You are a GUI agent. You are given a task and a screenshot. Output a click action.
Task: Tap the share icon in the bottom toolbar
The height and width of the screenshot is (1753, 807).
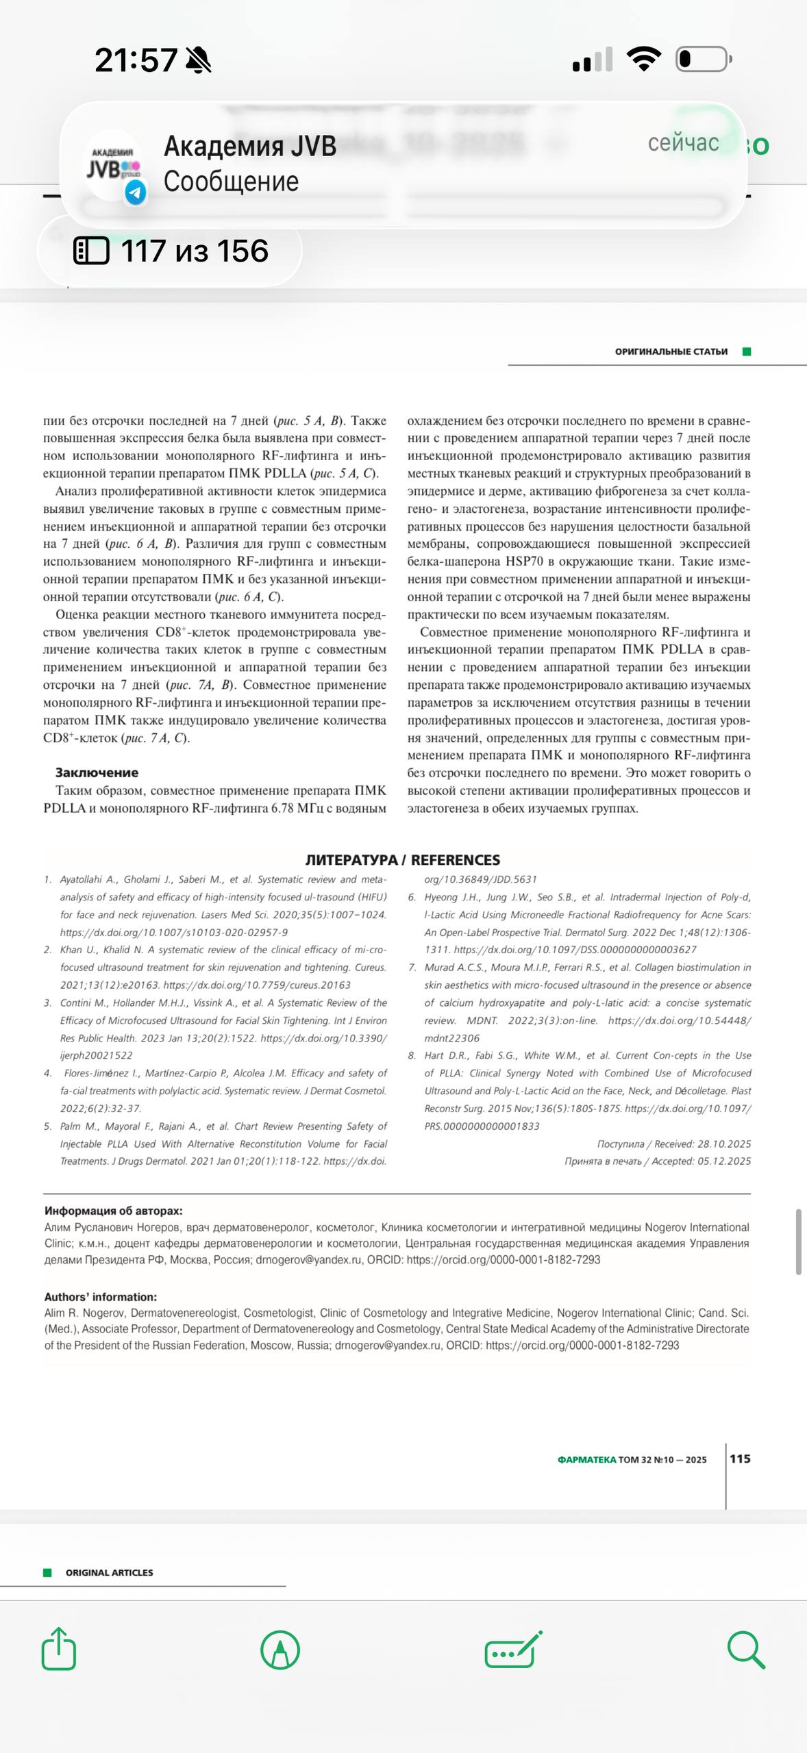[x=59, y=1649]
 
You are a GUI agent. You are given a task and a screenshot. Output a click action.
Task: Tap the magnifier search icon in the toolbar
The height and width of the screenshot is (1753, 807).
[x=745, y=1649]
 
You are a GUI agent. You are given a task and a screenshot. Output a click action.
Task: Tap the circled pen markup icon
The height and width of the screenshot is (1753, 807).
[x=280, y=1649]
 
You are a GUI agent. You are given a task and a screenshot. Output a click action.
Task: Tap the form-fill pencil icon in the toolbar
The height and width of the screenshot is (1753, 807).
[x=513, y=1649]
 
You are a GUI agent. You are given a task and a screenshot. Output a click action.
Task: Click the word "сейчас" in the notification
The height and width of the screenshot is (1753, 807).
[x=683, y=142]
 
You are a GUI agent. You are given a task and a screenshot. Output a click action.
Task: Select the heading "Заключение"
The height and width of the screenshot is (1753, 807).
[x=97, y=772]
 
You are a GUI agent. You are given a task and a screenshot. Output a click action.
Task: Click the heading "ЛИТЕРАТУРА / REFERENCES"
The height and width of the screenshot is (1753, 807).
[x=403, y=859]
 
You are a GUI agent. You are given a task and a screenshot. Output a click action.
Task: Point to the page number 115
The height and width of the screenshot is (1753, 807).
[x=740, y=1459]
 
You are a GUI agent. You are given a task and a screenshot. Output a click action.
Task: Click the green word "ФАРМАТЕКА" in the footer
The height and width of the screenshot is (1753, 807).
[x=586, y=1459]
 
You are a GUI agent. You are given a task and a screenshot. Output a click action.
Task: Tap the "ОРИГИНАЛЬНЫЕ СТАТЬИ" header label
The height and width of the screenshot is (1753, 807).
[x=671, y=351]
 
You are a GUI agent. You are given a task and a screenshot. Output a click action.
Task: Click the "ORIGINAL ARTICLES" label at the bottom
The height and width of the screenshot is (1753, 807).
[x=109, y=1572]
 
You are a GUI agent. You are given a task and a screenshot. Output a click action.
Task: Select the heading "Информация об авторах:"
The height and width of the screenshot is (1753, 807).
[x=114, y=1211]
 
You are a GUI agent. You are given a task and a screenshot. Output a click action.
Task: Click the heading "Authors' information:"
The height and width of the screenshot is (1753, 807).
[x=101, y=1296]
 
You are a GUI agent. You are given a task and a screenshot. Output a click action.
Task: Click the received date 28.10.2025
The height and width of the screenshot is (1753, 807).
[x=724, y=1144]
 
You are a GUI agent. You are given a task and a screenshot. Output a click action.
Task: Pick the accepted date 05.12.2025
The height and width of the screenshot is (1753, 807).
[x=724, y=1161]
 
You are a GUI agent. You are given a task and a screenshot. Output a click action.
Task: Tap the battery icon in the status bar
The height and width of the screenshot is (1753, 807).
[x=704, y=59]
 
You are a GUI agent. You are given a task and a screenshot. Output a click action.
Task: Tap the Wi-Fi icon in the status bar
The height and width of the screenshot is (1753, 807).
[x=645, y=59]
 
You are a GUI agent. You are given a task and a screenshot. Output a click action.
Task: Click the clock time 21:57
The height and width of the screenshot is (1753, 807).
[x=136, y=60]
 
